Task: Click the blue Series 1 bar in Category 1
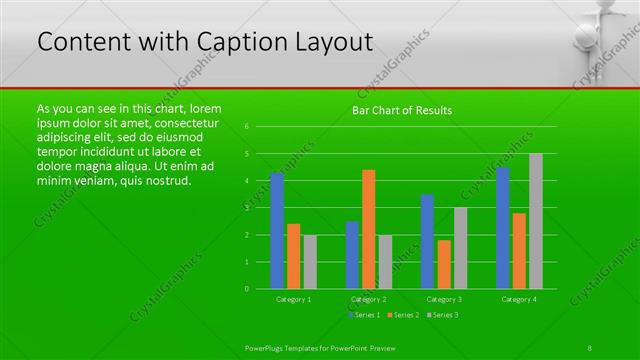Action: click(277, 231)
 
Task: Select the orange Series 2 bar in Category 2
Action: click(369, 229)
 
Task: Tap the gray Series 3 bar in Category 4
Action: click(536, 221)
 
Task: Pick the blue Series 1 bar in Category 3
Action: click(427, 241)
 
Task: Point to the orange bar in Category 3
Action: click(444, 264)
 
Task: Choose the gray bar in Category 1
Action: click(310, 262)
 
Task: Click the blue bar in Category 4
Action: click(503, 228)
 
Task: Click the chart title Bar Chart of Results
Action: click(402, 110)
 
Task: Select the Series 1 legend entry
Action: click(364, 315)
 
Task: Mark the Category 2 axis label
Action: click(369, 299)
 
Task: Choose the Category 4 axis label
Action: click(519, 299)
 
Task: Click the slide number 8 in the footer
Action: click(590, 346)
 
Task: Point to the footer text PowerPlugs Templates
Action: click(290, 346)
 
